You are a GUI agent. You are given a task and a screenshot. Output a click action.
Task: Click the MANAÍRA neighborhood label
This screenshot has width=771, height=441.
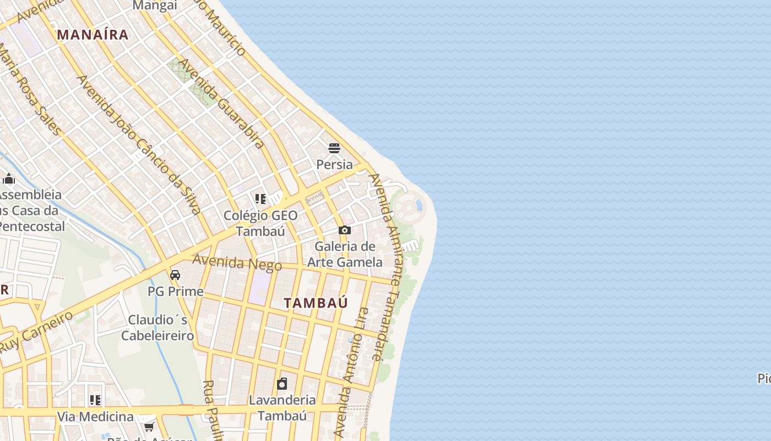[x=93, y=35]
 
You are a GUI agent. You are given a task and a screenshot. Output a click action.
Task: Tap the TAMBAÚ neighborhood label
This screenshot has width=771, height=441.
[x=316, y=303]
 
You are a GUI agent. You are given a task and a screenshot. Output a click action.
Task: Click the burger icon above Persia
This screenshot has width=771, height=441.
[x=334, y=148]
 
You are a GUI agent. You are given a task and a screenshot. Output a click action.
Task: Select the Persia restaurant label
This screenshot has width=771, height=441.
[x=334, y=164]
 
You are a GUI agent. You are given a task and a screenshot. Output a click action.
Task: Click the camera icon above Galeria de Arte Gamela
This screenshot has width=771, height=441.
[x=344, y=230]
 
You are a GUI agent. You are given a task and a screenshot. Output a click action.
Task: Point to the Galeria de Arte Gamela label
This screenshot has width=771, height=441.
[x=344, y=254]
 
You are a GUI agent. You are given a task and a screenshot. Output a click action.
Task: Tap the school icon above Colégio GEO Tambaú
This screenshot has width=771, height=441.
[x=260, y=198]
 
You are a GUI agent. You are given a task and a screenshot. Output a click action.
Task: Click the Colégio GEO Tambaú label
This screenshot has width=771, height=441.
[x=260, y=223]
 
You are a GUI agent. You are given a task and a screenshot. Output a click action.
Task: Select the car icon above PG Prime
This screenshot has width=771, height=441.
[x=175, y=275]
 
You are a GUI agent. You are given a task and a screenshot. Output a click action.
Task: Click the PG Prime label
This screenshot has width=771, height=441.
[x=175, y=291]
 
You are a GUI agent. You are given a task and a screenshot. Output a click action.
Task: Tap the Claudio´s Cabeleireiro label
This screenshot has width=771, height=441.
[x=158, y=327]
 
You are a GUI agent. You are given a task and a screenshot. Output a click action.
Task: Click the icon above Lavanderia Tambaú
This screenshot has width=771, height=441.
[x=282, y=384]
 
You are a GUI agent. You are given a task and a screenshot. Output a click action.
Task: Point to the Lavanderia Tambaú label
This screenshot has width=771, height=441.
[x=282, y=407]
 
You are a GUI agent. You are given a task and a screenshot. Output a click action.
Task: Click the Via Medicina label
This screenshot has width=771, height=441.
[x=96, y=416]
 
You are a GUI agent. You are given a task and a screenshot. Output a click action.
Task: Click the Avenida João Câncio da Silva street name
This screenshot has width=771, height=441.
[x=138, y=144]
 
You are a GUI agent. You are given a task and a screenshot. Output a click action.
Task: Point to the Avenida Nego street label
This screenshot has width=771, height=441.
[x=237, y=262]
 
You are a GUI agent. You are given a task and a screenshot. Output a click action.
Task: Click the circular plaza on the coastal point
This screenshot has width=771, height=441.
[x=407, y=207]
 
